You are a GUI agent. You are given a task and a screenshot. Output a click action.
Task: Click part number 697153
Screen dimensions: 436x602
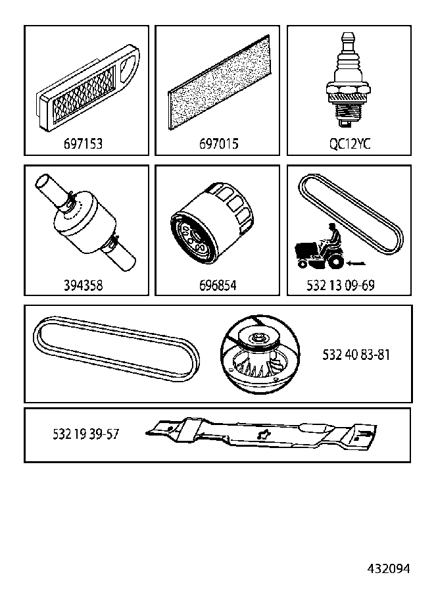[x=84, y=144]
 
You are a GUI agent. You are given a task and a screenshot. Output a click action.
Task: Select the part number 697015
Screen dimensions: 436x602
[x=218, y=144]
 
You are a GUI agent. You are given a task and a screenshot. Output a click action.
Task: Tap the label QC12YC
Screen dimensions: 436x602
[x=350, y=144]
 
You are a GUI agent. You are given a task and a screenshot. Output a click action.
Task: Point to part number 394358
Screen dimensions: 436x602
[x=84, y=286]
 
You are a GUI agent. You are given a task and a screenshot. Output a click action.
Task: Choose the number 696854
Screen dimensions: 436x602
[x=218, y=286]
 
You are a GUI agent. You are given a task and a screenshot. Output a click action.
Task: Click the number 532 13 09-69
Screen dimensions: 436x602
[x=341, y=286]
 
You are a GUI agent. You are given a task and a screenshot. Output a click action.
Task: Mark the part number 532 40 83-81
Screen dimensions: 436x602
[x=356, y=355]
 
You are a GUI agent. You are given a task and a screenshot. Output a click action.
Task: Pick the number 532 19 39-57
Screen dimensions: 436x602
[x=86, y=434]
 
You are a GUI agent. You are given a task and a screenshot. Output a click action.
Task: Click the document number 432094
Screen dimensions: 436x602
[x=389, y=568]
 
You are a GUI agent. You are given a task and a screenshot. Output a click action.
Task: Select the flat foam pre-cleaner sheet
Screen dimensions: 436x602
[x=219, y=82]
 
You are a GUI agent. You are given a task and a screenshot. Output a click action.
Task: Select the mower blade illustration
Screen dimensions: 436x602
[x=261, y=434]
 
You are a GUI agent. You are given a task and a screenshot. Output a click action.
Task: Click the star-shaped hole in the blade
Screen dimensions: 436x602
[x=263, y=434]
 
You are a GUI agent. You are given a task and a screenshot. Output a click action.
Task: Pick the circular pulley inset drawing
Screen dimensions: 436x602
[x=260, y=355]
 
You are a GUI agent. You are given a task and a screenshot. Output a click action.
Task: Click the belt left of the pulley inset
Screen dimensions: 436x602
[x=116, y=349]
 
